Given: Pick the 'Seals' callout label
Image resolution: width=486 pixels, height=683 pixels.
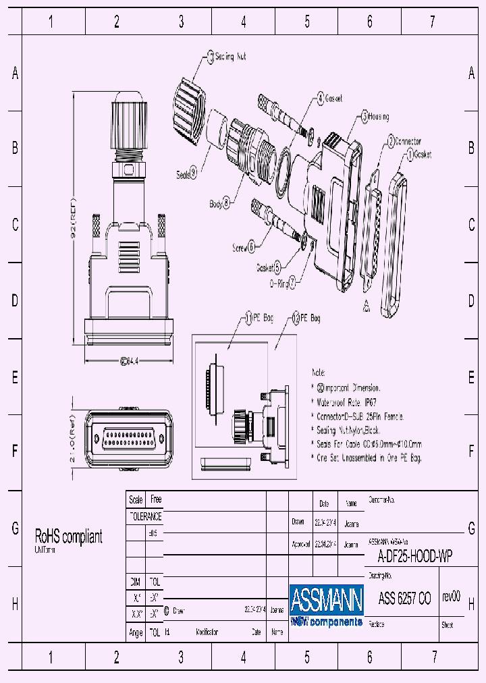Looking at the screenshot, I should (x=186, y=173).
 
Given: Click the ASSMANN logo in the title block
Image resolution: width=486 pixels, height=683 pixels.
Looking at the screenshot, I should (x=326, y=598).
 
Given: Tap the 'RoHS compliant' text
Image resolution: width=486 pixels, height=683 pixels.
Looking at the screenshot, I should (x=68, y=537).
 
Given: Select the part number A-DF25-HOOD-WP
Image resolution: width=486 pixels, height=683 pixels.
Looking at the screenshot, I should (x=414, y=557).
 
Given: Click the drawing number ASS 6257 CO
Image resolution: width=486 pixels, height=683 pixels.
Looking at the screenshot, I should (x=404, y=598).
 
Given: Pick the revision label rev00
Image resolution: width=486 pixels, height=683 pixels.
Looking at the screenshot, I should (x=451, y=597).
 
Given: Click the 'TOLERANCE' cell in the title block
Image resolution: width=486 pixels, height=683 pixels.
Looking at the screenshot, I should (x=145, y=516).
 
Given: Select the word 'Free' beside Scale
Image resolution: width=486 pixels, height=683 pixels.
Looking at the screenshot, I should (x=156, y=500).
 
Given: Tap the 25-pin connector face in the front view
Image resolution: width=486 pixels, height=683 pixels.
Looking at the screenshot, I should (x=128, y=439).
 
